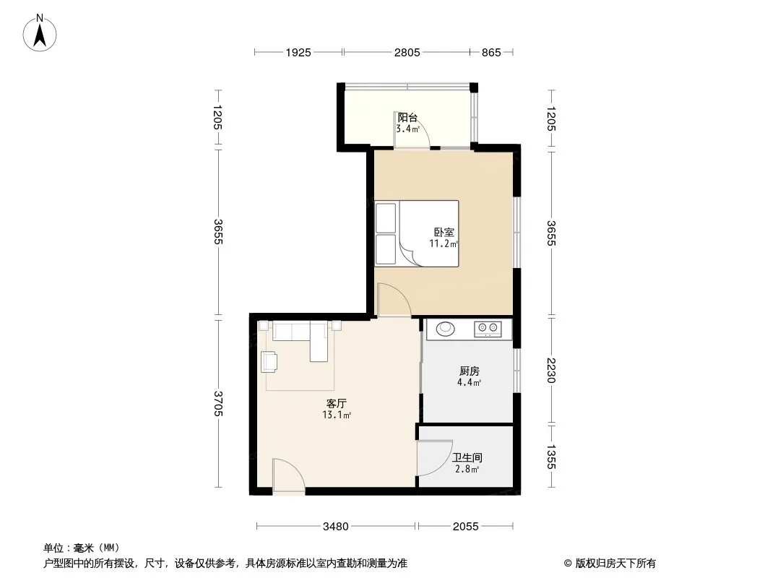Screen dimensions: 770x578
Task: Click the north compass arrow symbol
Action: tap(40, 33)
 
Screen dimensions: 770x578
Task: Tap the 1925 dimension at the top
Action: tap(298, 52)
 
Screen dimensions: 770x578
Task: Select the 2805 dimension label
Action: tap(407, 52)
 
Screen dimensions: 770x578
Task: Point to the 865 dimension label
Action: tap(491, 52)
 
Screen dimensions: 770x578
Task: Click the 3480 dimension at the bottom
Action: tap(336, 527)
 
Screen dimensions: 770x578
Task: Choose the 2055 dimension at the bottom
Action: tap(465, 527)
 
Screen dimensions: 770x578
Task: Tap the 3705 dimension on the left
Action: tap(219, 403)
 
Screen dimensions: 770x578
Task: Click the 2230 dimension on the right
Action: tap(551, 370)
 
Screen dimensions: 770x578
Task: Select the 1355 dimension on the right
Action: tap(551, 457)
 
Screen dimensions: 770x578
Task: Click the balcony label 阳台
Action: tap(407, 117)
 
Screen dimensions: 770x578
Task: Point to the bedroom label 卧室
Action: tap(444, 232)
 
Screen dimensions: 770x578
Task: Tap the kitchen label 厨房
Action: tap(470, 371)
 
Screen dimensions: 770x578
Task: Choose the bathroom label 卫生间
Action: tap(467, 457)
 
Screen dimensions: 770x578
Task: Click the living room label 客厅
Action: tap(337, 403)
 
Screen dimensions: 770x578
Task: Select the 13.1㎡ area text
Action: tap(337, 415)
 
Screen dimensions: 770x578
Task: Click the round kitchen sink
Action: tap(446, 328)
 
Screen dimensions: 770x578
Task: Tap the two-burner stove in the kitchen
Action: tap(488, 329)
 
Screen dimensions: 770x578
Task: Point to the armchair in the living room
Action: tap(269, 361)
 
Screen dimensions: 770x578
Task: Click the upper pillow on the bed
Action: tap(386, 217)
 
